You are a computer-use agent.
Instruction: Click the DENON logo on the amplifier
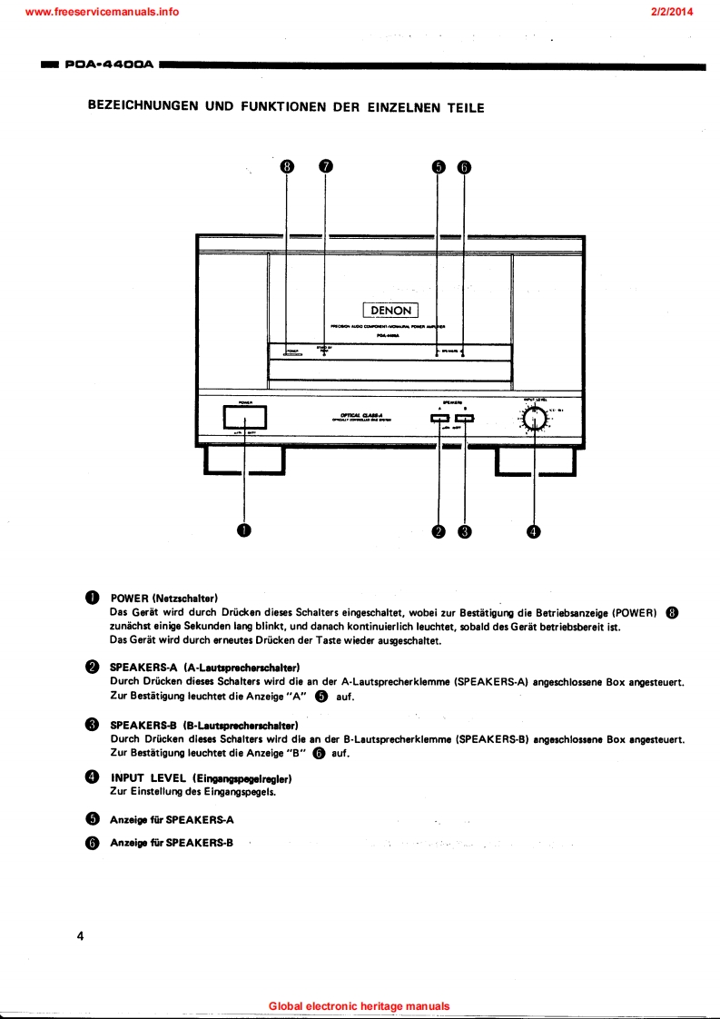[390, 310]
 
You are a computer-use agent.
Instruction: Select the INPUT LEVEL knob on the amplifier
[534, 419]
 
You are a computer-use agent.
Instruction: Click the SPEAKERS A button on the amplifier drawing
[439, 418]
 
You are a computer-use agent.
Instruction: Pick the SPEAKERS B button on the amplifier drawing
[465, 418]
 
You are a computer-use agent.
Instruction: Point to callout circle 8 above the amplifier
[288, 166]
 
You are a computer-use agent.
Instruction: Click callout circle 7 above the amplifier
[326, 166]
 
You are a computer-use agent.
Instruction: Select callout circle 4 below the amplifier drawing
[534, 531]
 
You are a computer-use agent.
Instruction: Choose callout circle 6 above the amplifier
[464, 166]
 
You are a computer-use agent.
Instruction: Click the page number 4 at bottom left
[80, 937]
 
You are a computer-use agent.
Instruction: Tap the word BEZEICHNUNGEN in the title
[143, 106]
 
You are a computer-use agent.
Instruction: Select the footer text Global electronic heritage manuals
[360, 1006]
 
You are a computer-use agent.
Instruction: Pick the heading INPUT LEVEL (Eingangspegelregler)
[200, 778]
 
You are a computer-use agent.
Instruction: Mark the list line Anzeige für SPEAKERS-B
[172, 842]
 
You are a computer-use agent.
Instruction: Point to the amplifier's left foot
[244, 462]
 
